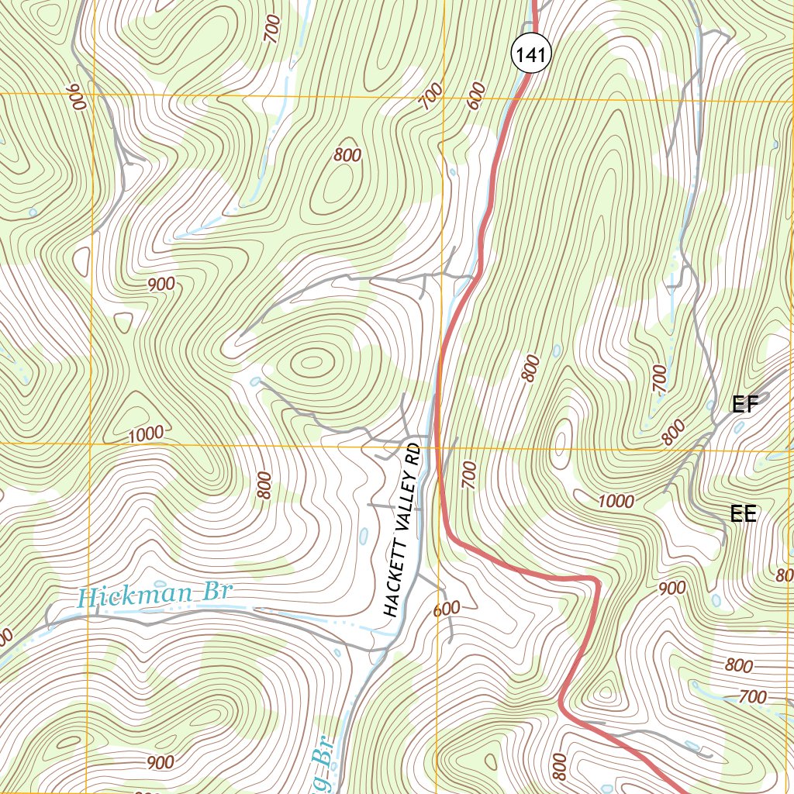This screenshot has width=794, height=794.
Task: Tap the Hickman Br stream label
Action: click(156, 596)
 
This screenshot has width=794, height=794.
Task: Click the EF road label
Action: click(744, 404)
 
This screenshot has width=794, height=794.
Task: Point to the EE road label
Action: click(743, 513)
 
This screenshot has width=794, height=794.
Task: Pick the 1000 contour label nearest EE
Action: click(616, 501)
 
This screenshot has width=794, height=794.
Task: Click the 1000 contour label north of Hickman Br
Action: click(147, 433)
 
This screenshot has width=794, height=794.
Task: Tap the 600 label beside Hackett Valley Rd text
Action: click(447, 609)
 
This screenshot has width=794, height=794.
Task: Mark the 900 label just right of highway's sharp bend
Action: click(671, 588)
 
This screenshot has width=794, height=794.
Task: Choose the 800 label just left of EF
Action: click(674, 431)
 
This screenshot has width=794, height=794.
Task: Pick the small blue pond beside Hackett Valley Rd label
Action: click(363, 536)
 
